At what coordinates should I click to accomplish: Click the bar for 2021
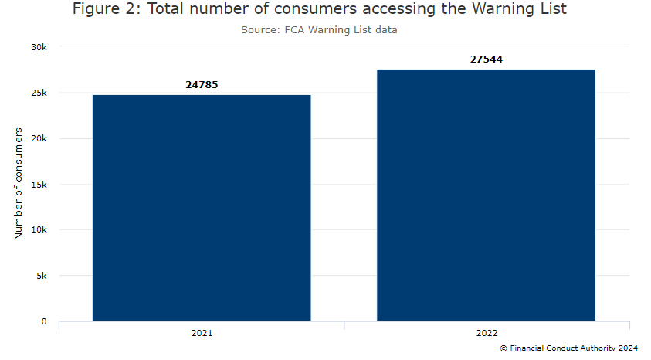(202, 208)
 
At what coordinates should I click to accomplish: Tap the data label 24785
(202, 84)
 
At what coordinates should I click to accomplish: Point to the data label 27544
(487, 59)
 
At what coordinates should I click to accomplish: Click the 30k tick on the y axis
(39, 47)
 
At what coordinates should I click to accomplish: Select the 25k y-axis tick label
(39, 93)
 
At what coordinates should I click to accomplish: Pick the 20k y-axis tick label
(39, 139)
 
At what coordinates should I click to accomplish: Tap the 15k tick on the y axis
(39, 185)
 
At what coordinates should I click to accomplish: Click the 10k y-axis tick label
(39, 230)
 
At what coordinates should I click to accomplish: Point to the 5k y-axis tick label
(41, 276)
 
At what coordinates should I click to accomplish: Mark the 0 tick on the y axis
(44, 321)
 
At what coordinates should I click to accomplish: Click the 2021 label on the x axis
(202, 334)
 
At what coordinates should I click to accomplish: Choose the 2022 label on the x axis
(487, 334)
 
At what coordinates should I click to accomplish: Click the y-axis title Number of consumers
(19, 184)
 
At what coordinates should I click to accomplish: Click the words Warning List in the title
(522, 10)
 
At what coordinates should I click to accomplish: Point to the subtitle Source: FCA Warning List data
(319, 30)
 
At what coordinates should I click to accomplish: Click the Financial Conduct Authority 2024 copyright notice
(569, 349)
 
